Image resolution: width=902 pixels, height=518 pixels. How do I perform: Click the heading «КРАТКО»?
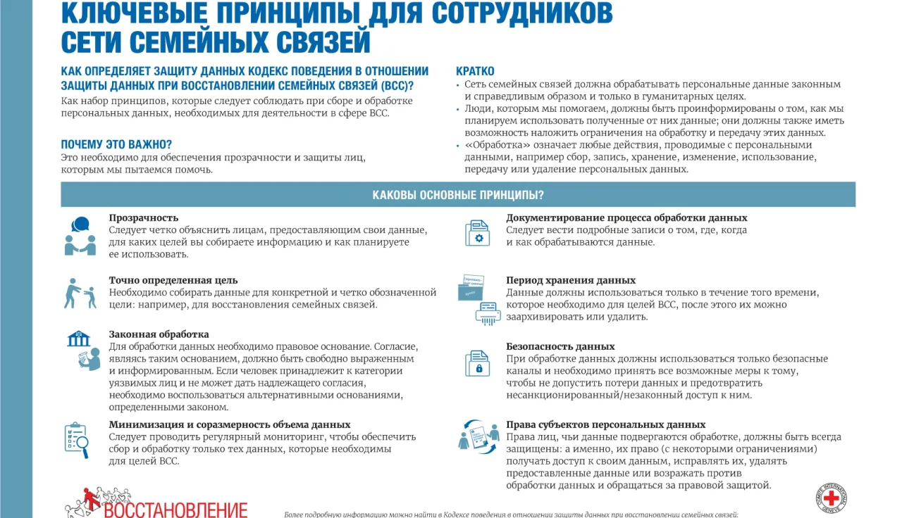point(475,71)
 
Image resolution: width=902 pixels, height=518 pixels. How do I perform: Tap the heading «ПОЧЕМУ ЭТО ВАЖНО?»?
point(116,145)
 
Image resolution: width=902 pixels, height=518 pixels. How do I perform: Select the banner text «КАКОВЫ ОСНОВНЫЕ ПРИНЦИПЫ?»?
point(458,195)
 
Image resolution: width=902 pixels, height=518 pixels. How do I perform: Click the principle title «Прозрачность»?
point(143,218)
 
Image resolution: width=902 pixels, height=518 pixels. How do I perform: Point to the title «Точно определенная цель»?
point(173,280)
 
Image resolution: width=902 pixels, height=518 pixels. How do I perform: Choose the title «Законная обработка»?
point(159,334)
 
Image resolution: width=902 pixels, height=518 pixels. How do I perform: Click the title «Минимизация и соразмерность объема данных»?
point(230,424)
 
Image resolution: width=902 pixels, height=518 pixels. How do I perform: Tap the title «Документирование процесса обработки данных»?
point(626,218)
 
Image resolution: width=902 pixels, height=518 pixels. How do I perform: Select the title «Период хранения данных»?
point(571,280)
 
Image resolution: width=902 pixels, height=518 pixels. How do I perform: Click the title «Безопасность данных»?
point(560,346)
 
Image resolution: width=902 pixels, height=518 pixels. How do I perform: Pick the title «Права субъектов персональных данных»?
point(605,424)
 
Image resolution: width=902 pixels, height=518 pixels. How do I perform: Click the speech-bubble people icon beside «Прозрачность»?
point(80,236)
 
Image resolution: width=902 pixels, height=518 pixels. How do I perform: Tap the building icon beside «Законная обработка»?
point(78,339)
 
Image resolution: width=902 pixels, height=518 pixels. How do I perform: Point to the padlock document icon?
point(477,363)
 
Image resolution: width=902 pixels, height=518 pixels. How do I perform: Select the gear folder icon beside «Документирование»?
point(477,233)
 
